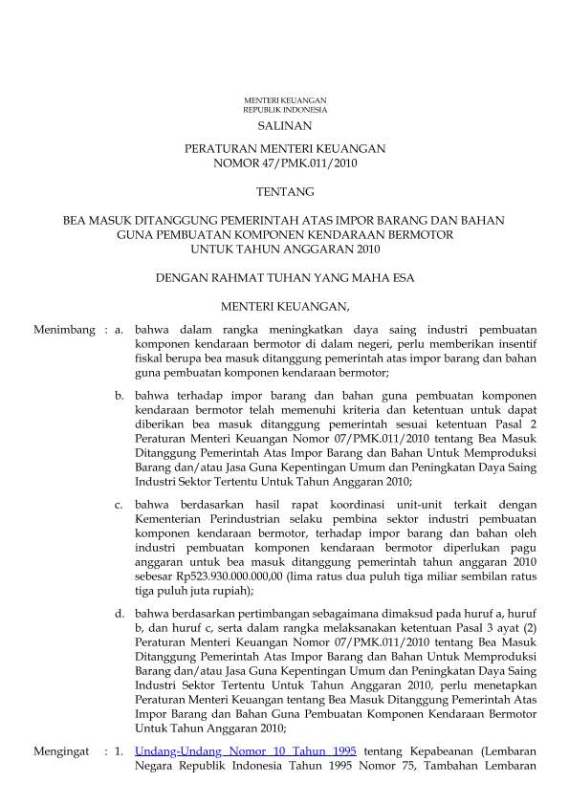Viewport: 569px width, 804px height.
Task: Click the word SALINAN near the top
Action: point(285,125)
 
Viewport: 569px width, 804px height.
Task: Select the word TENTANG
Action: point(285,192)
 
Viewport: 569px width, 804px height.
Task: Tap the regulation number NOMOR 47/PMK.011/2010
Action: point(285,163)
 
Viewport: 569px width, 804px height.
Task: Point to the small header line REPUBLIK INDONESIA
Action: point(285,110)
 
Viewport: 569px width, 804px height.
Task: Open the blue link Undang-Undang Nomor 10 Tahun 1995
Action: point(246,751)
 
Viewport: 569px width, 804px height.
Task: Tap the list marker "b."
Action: point(120,395)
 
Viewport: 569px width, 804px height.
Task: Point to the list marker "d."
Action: point(120,613)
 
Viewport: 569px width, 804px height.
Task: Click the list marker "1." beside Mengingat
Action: point(120,751)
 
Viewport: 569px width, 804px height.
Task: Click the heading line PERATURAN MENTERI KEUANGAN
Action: point(285,149)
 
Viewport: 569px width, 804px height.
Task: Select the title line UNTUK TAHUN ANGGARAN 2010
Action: point(285,250)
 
